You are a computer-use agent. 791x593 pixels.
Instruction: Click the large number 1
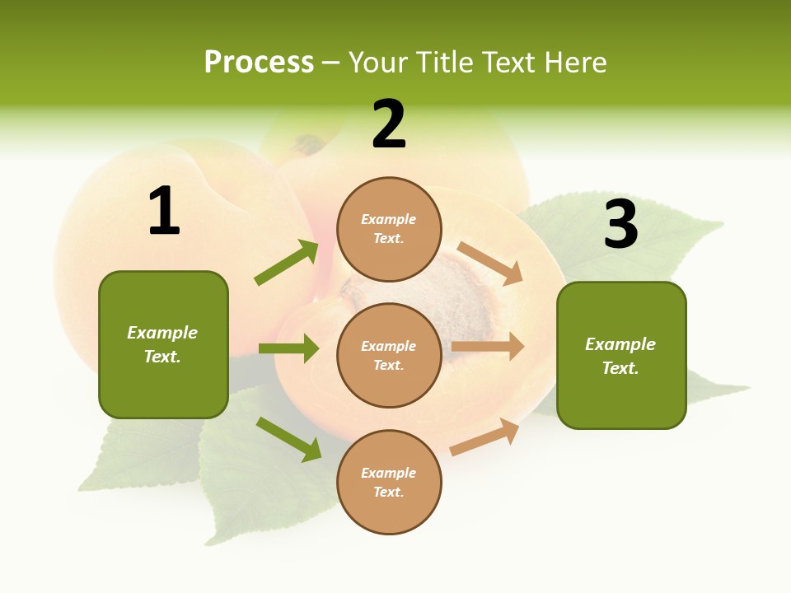[x=164, y=212]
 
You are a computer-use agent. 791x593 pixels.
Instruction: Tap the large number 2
[x=389, y=125]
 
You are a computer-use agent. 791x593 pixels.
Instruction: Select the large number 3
[x=621, y=224]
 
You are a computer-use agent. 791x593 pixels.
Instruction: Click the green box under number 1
[x=163, y=344]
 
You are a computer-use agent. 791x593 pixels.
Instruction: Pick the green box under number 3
[x=621, y=356]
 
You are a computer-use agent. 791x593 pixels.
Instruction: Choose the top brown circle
[x=389, y=229]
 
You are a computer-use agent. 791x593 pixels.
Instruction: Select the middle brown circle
[x=389, y=355]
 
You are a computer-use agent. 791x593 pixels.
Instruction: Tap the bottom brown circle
[x=389, y=482]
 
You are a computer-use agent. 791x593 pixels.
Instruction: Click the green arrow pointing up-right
[x=287, y=262]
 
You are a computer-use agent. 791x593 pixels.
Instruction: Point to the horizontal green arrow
[x=288, y=348]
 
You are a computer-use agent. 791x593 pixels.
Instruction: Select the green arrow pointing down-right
[x=288, y=439]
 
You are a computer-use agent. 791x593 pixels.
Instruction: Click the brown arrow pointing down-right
[x=490, y=263]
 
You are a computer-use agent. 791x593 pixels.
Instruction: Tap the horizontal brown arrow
[x=488, y=347]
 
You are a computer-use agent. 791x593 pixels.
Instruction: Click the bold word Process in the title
[x=259, y=62]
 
